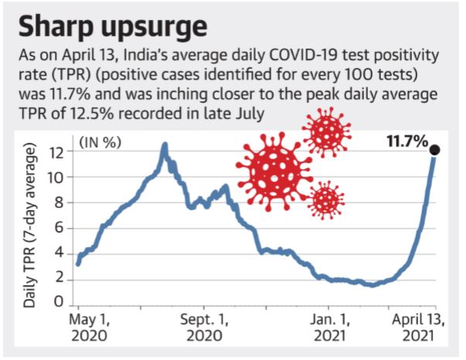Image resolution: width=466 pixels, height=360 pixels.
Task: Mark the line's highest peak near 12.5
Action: coord(164,144)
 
